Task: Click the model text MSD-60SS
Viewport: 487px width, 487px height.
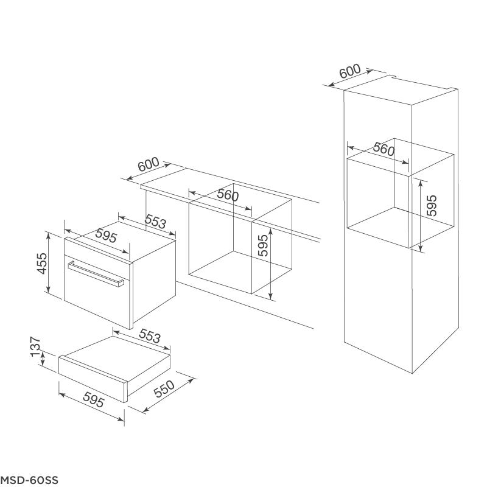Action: click(x=29, y=480)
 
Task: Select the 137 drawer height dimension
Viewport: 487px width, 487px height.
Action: click(x=35, y=346)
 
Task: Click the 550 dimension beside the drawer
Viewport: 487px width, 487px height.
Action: click(x=164, y=389)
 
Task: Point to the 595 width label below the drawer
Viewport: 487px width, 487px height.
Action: click(x=94, y=399)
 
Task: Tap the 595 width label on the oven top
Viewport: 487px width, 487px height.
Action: click(x=106, y=236)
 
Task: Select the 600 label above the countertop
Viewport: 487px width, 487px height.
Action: click(x=149, y=164)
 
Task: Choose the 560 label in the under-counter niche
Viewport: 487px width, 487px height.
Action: click(x=228, y=195)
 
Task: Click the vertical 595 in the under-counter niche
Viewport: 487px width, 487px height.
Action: click(x=263, y=245)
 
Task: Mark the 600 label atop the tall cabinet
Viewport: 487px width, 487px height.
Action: click(x=350, y=71)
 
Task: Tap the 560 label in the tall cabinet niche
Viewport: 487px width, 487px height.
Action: click(x=384, y=149)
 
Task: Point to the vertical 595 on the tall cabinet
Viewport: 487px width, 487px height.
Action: click(x=432, y=205)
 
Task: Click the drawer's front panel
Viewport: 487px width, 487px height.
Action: click(x=93, y=380)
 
